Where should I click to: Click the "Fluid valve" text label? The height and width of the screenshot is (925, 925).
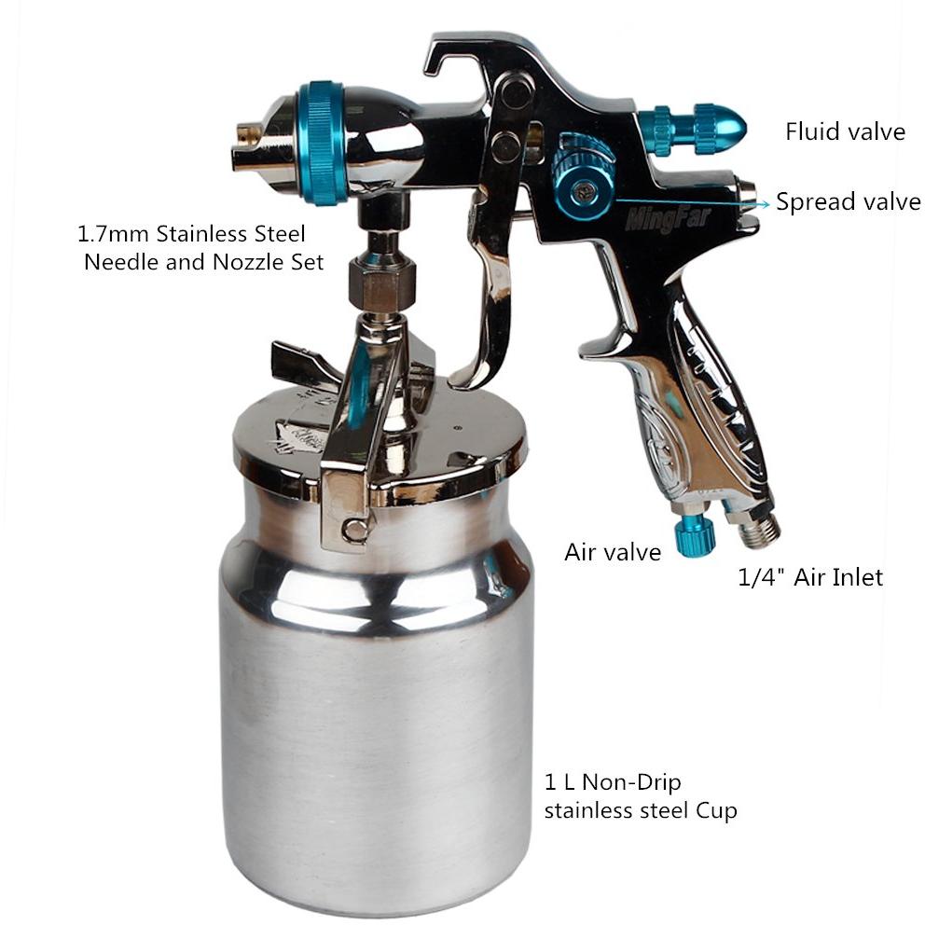[x=845, y=131]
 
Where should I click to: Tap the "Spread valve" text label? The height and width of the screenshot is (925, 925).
[x=848, y=201]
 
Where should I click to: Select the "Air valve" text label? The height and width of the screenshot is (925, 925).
[x=613, y=552]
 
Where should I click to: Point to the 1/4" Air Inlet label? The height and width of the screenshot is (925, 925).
[x=810, y=577]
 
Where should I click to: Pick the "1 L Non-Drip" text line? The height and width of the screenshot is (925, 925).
[x=613, y=782]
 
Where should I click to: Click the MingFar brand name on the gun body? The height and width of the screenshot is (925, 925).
[x=668, y=219]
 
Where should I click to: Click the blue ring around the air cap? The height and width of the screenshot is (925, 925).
[x=321, y=144]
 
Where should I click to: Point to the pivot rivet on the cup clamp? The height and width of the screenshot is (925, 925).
[x=355, y=527]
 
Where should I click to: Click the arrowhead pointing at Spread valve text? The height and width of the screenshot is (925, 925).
[x=765, y=204]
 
